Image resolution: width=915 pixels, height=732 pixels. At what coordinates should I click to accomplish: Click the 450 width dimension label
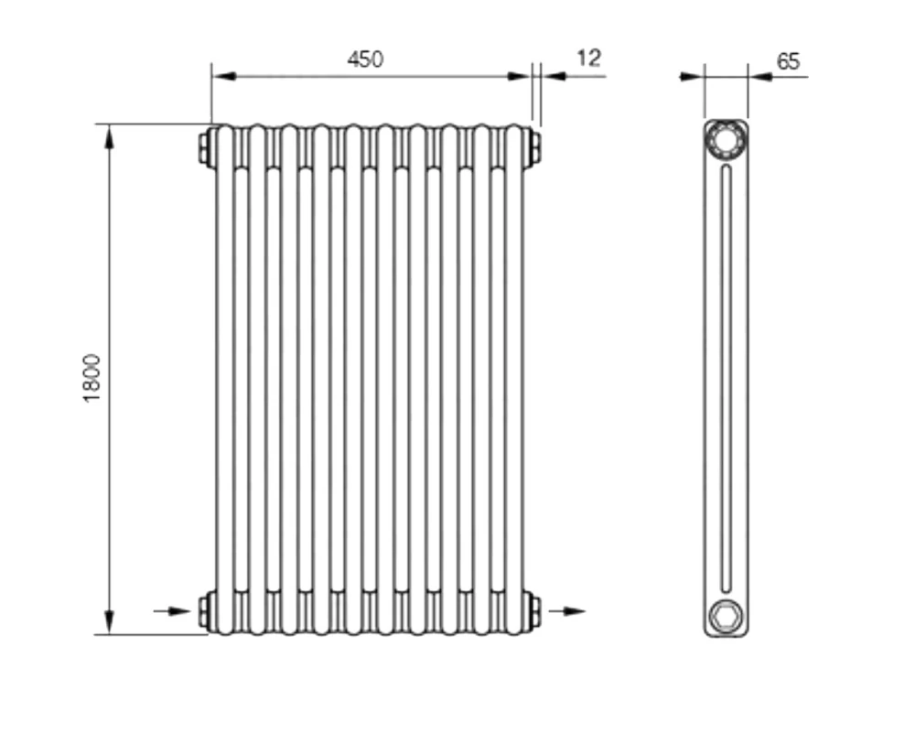pyautogui.click(x=365, y=59)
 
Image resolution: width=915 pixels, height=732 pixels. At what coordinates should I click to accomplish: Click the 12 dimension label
pyautogui.click(x=588, y=59)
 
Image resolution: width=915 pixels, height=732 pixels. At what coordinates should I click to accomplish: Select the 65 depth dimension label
pyautogui.click(x=789, y=61)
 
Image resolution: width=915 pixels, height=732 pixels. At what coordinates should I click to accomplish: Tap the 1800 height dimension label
pyautogui.click(x=92, y=378)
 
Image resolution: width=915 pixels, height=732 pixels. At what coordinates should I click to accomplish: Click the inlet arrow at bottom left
pyautogui.click(x=172, y=611)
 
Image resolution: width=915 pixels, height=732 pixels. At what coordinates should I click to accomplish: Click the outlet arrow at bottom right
pyautogui.click(x=566, y=611)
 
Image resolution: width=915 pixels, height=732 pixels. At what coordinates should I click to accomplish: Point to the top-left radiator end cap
pyautogui.click(x=204, y=147)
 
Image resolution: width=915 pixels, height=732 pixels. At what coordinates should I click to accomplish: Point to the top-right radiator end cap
pyautogui.click(x=534, y=147)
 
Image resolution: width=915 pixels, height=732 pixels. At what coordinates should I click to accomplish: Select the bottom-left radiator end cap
pyautogui.click(x=204, y=610)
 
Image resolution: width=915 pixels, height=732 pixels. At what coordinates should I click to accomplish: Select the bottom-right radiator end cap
pyautogui.click(x=534, y=610)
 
